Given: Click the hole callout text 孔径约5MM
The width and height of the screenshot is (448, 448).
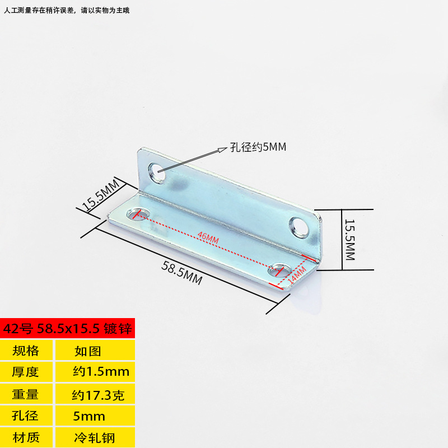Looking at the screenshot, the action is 258,148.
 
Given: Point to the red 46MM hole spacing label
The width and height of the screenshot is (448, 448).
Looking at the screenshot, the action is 208,239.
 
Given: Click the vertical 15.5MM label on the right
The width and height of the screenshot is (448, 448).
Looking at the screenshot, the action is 349,240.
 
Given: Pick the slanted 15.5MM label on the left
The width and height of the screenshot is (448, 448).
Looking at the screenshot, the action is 101,194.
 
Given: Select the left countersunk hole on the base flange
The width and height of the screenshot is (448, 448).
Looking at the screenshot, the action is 136,213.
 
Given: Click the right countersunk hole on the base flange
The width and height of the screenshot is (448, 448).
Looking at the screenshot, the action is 278,271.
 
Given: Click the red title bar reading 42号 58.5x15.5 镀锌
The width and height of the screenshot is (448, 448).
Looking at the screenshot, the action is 67,328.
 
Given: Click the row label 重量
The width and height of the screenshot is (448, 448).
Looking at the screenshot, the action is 26,394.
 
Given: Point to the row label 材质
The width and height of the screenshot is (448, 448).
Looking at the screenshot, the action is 26,437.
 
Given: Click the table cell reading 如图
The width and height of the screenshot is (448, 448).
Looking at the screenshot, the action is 88,351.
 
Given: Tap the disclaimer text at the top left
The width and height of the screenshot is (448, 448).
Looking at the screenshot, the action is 67,10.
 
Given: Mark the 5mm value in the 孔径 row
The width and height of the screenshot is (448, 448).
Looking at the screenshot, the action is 90,416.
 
